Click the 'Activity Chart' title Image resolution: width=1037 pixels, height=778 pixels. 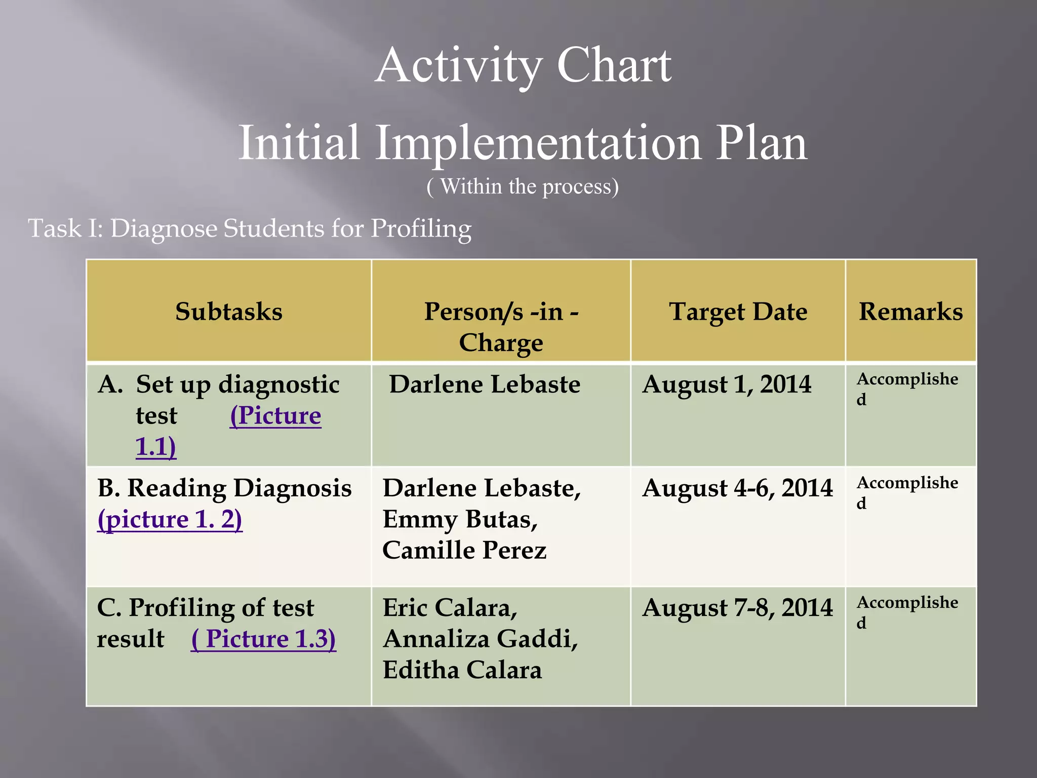tap(523, 66)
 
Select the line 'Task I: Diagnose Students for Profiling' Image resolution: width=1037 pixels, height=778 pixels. tap(250, 228)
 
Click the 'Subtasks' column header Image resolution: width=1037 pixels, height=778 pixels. tap(229, 312)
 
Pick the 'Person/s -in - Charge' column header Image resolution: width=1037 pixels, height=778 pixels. tap(501, 327)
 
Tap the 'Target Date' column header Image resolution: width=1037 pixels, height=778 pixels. tap(738, 312)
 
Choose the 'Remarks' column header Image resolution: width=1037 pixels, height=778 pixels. tap(910, 312)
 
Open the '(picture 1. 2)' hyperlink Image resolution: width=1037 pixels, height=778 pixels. tap(170, 520)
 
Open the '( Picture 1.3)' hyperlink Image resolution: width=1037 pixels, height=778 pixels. tap(263, 639)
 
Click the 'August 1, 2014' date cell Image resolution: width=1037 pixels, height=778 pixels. tap(727, 384)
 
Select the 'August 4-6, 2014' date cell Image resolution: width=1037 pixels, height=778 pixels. tap(737, 488)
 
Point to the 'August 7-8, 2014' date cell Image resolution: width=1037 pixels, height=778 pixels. tap(737, 608)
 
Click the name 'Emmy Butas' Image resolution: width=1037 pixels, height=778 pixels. tap(459, 520)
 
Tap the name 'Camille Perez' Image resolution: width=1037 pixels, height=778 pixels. tap(464, 551)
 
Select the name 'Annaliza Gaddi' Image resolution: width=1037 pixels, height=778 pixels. tap(480, 639)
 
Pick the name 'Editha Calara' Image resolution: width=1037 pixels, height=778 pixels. tap(462, 670)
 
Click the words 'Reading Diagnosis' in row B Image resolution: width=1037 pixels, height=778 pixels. tap(239, 488)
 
